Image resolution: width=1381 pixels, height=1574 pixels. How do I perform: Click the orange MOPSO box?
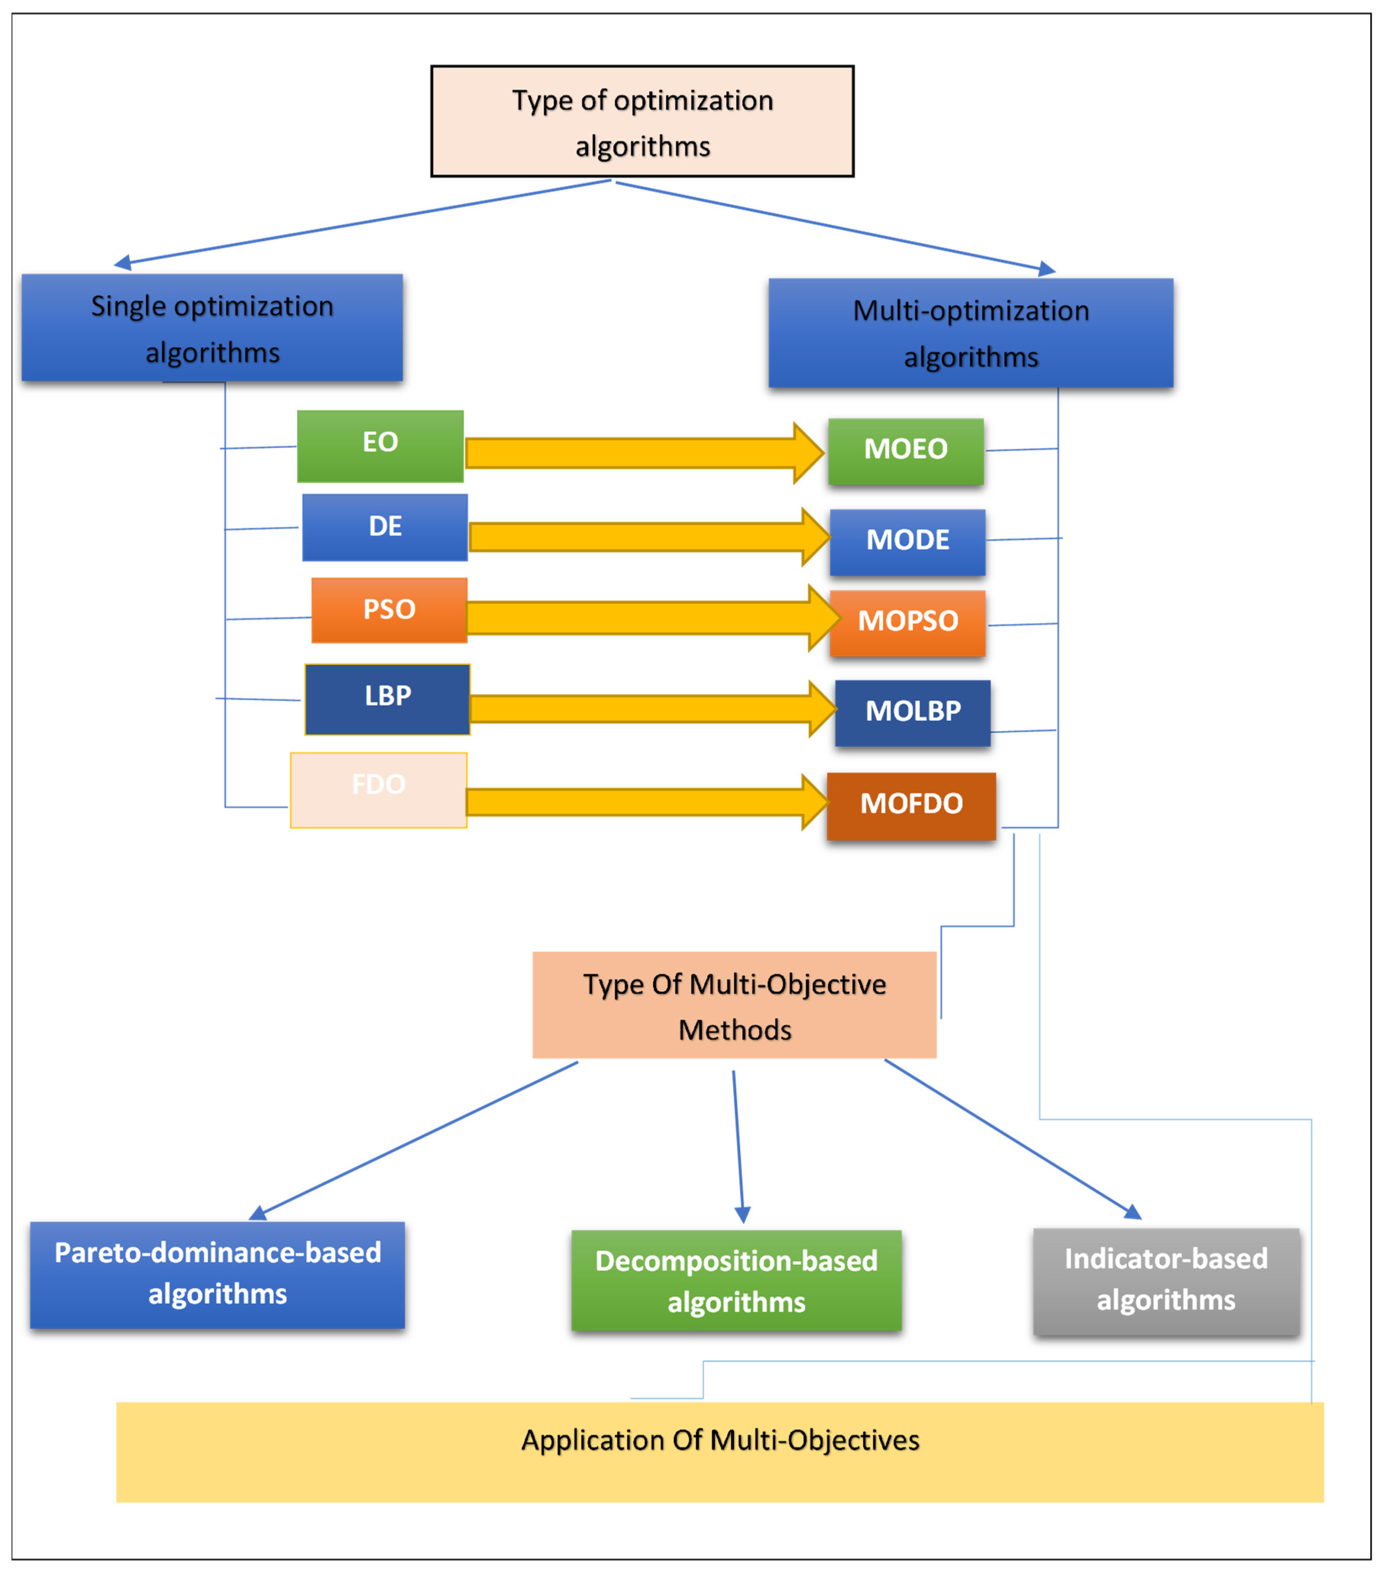click(907, 623)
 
